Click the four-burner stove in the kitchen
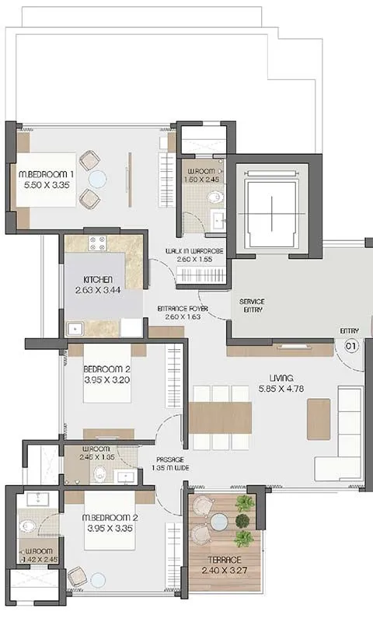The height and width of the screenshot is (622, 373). pos(97,243)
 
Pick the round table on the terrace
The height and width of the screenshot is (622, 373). pos(219,520)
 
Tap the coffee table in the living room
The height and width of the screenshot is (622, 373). pos(319,418)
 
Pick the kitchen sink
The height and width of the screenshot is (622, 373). pos(76,328)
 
